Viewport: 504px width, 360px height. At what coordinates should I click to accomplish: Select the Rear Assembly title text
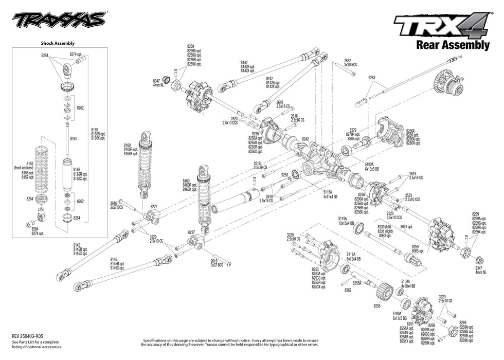coord(452,45)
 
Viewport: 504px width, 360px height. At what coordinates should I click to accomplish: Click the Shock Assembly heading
coord(57,44)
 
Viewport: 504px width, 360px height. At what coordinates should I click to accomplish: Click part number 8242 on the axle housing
coord(305,139)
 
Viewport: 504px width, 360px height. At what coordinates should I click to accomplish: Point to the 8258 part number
coord(376,305)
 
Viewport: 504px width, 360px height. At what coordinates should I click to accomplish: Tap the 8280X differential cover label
coord(413,134)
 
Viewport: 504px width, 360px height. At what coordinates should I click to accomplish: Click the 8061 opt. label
coord(408,226)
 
